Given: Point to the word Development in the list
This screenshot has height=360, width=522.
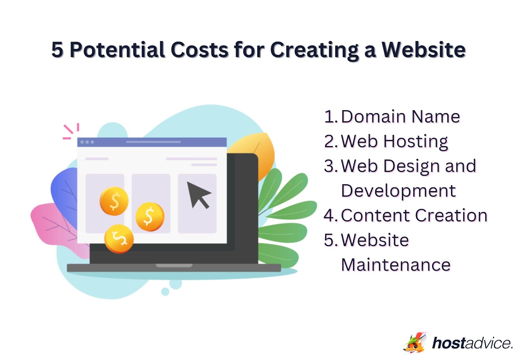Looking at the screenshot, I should [398, 191].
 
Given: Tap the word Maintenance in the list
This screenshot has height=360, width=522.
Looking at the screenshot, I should [396, 265].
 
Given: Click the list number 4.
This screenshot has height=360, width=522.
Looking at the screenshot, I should [330, 216].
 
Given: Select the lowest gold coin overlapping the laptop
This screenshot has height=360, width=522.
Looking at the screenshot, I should [119, 239].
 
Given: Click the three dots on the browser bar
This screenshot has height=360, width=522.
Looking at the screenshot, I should [87, 142].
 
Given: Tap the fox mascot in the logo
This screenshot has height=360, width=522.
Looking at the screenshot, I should [415, 343].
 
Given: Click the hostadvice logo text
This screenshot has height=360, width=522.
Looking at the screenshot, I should [472, 343].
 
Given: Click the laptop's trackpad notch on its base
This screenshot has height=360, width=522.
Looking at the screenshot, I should [174, 265].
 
